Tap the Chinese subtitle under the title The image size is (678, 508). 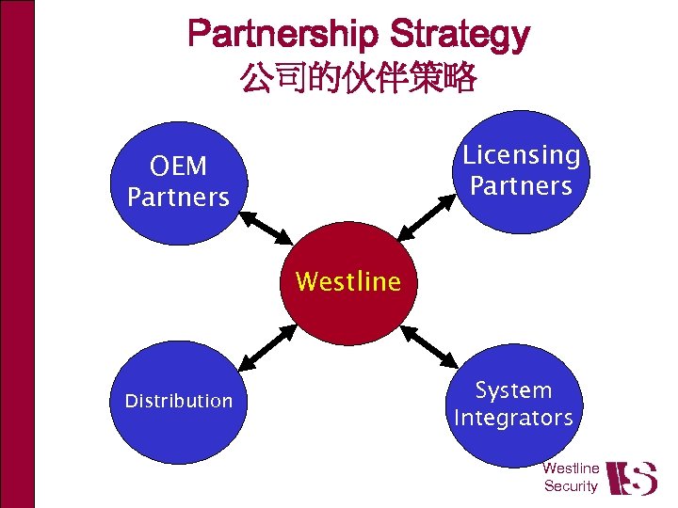[358, 77]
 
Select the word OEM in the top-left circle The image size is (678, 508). [178, 167]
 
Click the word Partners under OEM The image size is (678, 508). [178, 198]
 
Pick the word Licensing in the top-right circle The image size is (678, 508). [522, 154]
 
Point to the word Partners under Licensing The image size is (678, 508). [522, 185]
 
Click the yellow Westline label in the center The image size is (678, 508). [347, 280]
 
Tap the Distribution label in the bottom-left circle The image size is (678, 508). [178, 401]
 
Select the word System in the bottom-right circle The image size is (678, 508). [513, 389]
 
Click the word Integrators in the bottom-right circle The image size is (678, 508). [513, 417]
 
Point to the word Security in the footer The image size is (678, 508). [571, 486]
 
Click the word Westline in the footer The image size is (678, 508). [571, 468]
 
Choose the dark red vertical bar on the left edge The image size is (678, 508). [17, 254]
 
